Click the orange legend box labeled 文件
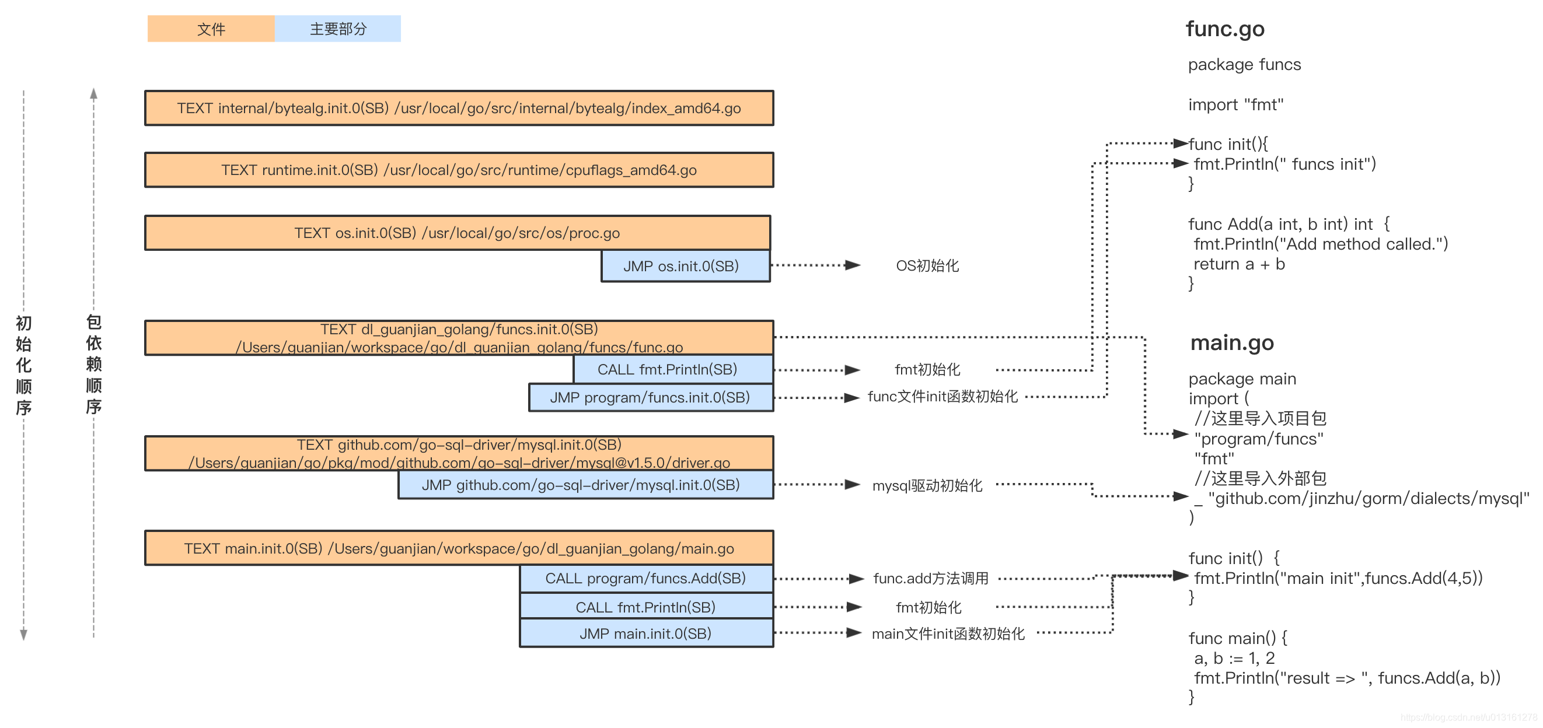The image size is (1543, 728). pyautogui.click(x=211, y=29)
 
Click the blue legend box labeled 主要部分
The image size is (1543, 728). pyautogui.click(x=338, y=29)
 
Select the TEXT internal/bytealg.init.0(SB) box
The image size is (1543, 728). pyautogui.click(x=459, y=108)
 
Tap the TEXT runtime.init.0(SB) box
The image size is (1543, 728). pyautogui.click(x=459, y=170)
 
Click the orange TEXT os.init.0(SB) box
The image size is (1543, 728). pyautogui.click(x=457, y=233)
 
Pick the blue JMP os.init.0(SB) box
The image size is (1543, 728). pyautogui.click(x=685, y=266)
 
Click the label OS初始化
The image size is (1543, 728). pyautogui.click(x=927, y=266)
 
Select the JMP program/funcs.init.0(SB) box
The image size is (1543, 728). pyautogui.click(x=651, y=397)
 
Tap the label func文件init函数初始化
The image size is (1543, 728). pyautogui.click(x=942, y=396)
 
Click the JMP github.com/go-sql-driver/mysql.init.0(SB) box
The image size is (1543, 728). pyautogui.click(x=585, y=485)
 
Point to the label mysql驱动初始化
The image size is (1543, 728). pyautogui.click(x=927, y=485)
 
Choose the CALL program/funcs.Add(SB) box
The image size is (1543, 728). pyautogui.click(x=645, y=578)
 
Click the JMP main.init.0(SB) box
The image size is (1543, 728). pyautogui.click(x=645, y=633)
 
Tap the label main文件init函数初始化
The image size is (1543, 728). pyautogui.click(x=948, y=633)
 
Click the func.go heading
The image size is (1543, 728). pyautogui.click(x=1225, y=29)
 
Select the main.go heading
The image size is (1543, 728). pyautogui.click(x=1231, y=342)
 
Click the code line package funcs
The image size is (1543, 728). pyautogui.click(x=1244, y=65)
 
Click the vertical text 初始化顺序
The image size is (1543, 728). pyautogui.click(x=23, y=365)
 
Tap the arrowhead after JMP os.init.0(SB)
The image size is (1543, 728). pyautogui.click(x=853, y=265)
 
